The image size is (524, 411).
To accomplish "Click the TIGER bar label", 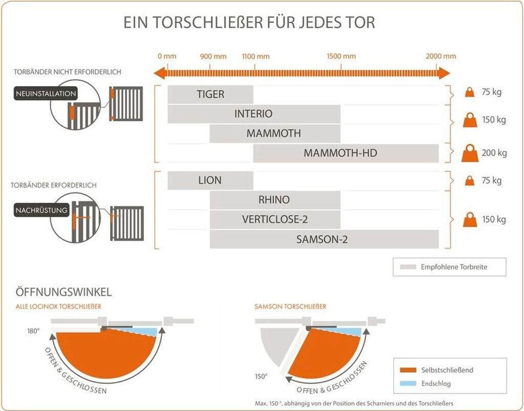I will point(210,94).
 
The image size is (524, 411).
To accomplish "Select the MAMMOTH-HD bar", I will point(346,153).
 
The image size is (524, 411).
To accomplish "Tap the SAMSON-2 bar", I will point(324,239).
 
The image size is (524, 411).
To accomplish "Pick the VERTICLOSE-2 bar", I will point(275,219).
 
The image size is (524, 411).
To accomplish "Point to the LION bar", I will point(210,180).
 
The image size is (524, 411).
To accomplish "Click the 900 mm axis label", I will point(213,56).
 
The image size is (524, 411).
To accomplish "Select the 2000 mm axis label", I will point(441,56).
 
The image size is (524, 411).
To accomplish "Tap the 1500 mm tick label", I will point(341,56).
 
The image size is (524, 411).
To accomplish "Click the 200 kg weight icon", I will point(470,153).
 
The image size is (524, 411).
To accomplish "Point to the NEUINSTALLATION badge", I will point(46,94).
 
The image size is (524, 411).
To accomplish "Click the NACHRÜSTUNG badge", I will point(42,210).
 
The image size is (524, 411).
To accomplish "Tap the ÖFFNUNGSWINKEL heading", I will point(64,293).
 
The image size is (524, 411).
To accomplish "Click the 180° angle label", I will point(33,331).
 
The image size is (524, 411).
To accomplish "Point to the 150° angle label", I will point(261,376).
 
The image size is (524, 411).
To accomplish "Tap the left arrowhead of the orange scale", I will point(160,72).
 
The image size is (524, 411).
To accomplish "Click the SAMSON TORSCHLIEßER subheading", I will point(290,306).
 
